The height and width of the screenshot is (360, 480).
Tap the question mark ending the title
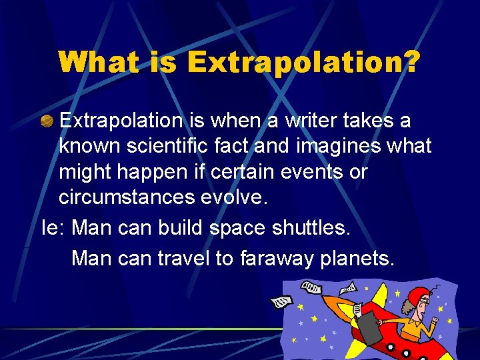(x=411, y=62)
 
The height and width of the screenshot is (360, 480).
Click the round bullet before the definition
(x=48, y=121)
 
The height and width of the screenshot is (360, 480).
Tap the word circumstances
(x=130, y=197)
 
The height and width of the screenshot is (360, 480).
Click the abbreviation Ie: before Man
(x=53, y=227)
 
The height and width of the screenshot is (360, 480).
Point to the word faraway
(x=287, y=257)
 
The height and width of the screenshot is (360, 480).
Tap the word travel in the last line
(x=183, y=257)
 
